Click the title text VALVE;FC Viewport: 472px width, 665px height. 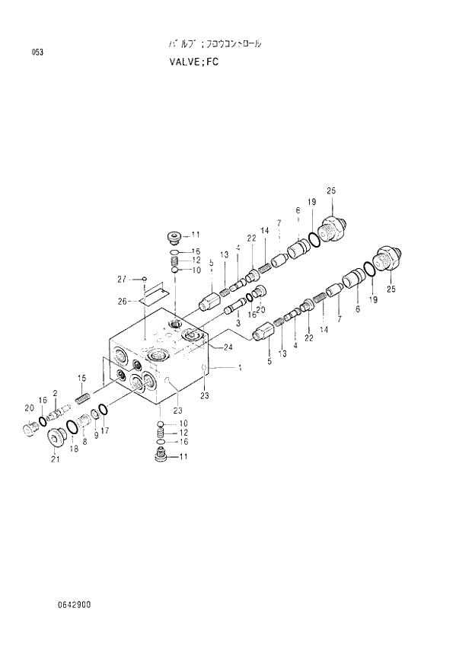click(195, 62)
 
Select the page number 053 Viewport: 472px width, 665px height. click(37, 52)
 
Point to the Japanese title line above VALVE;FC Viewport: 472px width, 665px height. click(215, 45)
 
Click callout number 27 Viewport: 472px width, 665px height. click(120, 280)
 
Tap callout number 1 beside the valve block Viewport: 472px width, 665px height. click(240, 368)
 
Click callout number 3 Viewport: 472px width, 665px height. click(238, 324)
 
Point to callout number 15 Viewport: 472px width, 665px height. click(81, 379)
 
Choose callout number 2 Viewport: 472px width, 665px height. click(55, 392)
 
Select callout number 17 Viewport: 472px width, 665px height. click(105, 430)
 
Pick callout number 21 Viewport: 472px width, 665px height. click(54, 459)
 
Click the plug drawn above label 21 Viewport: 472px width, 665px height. click(56, 438)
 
